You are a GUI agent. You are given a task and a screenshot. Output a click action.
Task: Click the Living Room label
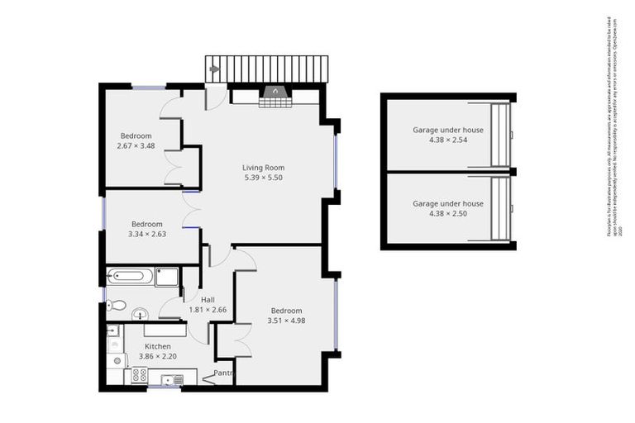point(263,168)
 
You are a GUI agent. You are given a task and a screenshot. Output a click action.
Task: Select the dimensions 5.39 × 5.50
point(263,178)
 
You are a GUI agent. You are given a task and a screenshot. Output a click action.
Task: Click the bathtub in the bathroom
point(131,276)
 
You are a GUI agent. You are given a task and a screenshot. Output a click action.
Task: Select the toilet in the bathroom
point(117,305)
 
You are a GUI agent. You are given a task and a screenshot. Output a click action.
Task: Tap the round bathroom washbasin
point(141,313)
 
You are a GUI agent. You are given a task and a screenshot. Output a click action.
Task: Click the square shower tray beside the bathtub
point(166,276)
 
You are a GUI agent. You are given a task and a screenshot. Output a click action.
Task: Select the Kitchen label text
point(158,346)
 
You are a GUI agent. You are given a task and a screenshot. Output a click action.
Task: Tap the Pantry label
point(223,373)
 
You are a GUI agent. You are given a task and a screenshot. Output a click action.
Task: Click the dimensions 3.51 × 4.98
point(286,321)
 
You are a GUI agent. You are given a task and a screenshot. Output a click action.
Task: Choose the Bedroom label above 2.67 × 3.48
point(136,135)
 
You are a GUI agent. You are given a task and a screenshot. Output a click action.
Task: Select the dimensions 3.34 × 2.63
point(146,234)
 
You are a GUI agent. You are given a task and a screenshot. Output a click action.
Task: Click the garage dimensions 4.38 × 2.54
point(448,140)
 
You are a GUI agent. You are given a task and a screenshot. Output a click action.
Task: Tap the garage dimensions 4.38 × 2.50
point(448,213)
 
